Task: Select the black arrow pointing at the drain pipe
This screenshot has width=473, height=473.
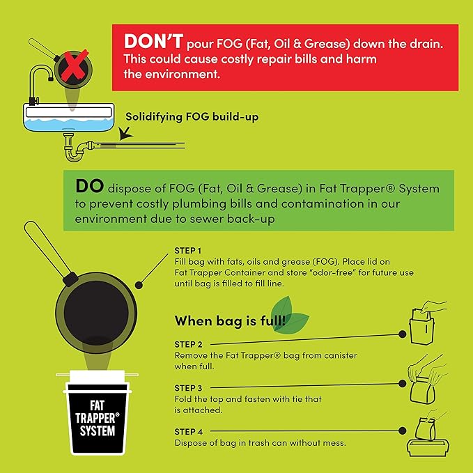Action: point(125,133)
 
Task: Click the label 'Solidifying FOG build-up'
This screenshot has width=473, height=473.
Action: point(192,117)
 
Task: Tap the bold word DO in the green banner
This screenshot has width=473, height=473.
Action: point(90,186)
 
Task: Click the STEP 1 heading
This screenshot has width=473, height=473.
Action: point(187,250)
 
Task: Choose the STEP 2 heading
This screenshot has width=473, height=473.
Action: point(188,344)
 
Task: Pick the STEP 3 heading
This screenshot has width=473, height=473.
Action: point(188,388)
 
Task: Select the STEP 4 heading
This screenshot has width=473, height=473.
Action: point(188,432)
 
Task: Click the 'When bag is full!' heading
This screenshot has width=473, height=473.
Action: point(230,320)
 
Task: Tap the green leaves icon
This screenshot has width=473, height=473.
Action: point(288,316)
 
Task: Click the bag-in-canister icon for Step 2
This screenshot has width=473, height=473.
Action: point(427,323)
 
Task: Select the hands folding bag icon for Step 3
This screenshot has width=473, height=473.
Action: point(426,379)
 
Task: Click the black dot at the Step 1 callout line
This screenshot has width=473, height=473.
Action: point(139,285)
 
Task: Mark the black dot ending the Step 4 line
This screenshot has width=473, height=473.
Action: point(402,431)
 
